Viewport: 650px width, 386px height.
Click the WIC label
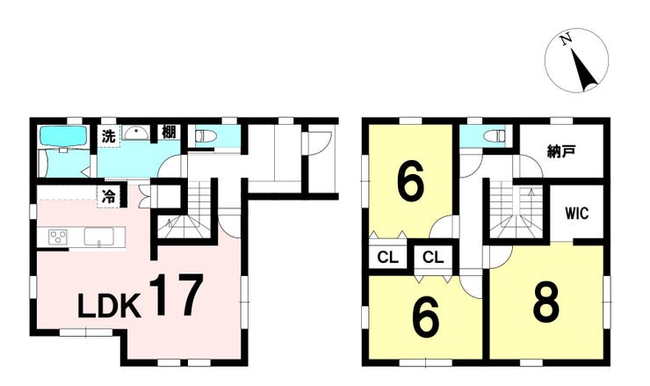tap(576, 213)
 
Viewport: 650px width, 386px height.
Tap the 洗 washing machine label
tap(107, 136)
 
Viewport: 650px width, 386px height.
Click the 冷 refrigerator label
tap(108, 196)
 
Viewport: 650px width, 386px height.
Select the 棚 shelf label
tap(169, 134)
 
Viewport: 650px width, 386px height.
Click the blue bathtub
tap(62, 136)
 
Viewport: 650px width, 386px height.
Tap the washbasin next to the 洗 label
tap(135, 134)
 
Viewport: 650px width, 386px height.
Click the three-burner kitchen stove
tap(58, 237)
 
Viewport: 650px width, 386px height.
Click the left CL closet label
tap(386, 257)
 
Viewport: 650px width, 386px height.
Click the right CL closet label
tap(431, 257)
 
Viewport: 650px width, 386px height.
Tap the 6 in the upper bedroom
tap(409, 180)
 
